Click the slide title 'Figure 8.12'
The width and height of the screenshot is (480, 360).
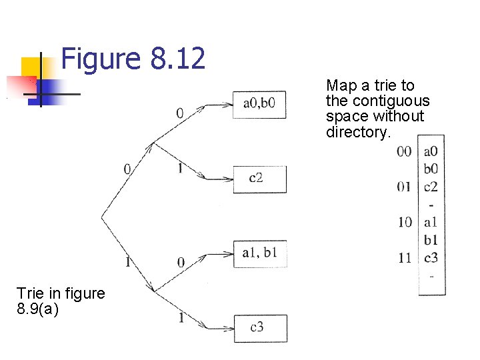point(133,59)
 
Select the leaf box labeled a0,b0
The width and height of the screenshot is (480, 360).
point(259,105)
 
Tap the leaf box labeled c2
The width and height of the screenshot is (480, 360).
point(259,179)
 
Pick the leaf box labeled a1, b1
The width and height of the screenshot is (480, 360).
point(259,253)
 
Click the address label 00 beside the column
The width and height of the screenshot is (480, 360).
point(404,152)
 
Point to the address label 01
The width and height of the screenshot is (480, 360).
point(404,187)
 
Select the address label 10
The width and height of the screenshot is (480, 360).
point(405,223)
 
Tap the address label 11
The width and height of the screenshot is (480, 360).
point(405,258)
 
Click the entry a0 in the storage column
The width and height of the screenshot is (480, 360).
point(431,152)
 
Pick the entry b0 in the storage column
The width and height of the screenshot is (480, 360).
point(431,169)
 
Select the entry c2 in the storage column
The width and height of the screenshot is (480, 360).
point(431,187)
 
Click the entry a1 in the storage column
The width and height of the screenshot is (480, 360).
point(431,223)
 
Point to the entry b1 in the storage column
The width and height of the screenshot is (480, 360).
point(431,240)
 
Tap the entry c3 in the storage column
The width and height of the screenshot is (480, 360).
point(431,258)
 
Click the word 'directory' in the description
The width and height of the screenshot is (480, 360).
point(356,132)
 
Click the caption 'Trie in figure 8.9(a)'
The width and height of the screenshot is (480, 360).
point(61,301)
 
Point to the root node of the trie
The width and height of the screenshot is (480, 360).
point(102,217)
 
